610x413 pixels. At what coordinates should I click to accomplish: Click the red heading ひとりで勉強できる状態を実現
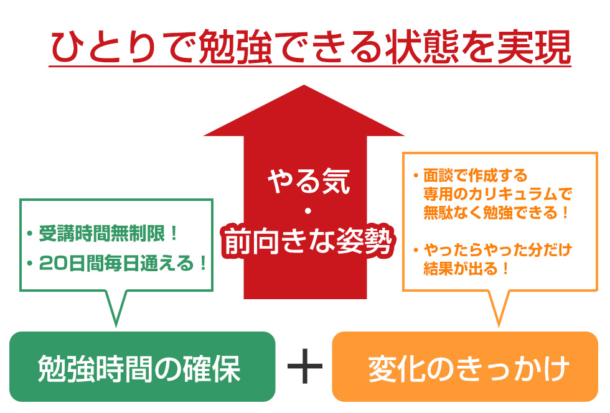tap(310, 47)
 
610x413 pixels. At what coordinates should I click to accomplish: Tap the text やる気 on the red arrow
tap(309, 180)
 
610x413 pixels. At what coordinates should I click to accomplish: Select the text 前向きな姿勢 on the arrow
tap(308, 241)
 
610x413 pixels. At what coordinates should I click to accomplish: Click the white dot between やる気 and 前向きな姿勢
tap(307, 211)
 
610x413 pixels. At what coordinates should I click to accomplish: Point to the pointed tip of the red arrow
tap(304, 85)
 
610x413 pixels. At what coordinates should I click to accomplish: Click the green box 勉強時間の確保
tap(143, 366)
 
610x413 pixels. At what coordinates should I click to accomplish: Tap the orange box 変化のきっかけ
tap(465, 366)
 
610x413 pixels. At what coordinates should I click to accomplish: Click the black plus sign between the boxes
tap(304, 366)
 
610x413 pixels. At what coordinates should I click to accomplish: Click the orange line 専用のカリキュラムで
tap(498, 193)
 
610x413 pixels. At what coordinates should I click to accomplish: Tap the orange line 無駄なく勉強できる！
tap(496, 212)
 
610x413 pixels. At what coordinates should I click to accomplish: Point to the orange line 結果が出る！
tap(466, 268)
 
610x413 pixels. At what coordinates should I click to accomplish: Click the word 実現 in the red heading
tap(534, 47)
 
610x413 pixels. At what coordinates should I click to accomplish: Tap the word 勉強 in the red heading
tap(235, 47)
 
